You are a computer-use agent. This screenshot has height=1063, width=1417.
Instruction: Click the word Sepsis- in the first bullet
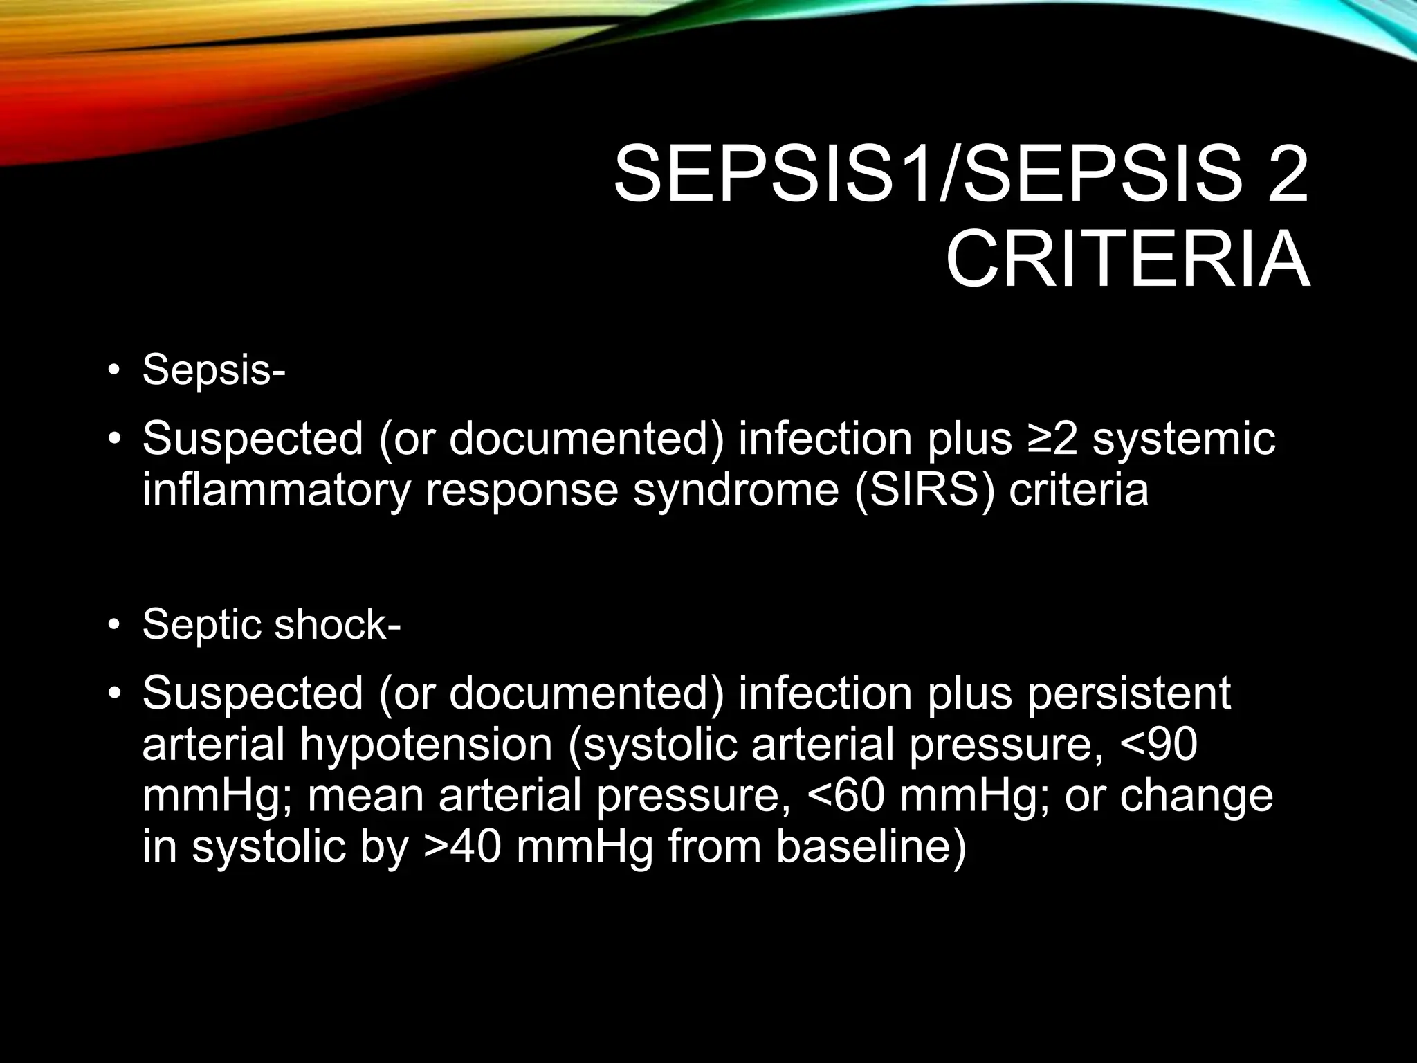(x=214, y=370)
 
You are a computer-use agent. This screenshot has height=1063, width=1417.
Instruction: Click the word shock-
(x=338, y=624)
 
